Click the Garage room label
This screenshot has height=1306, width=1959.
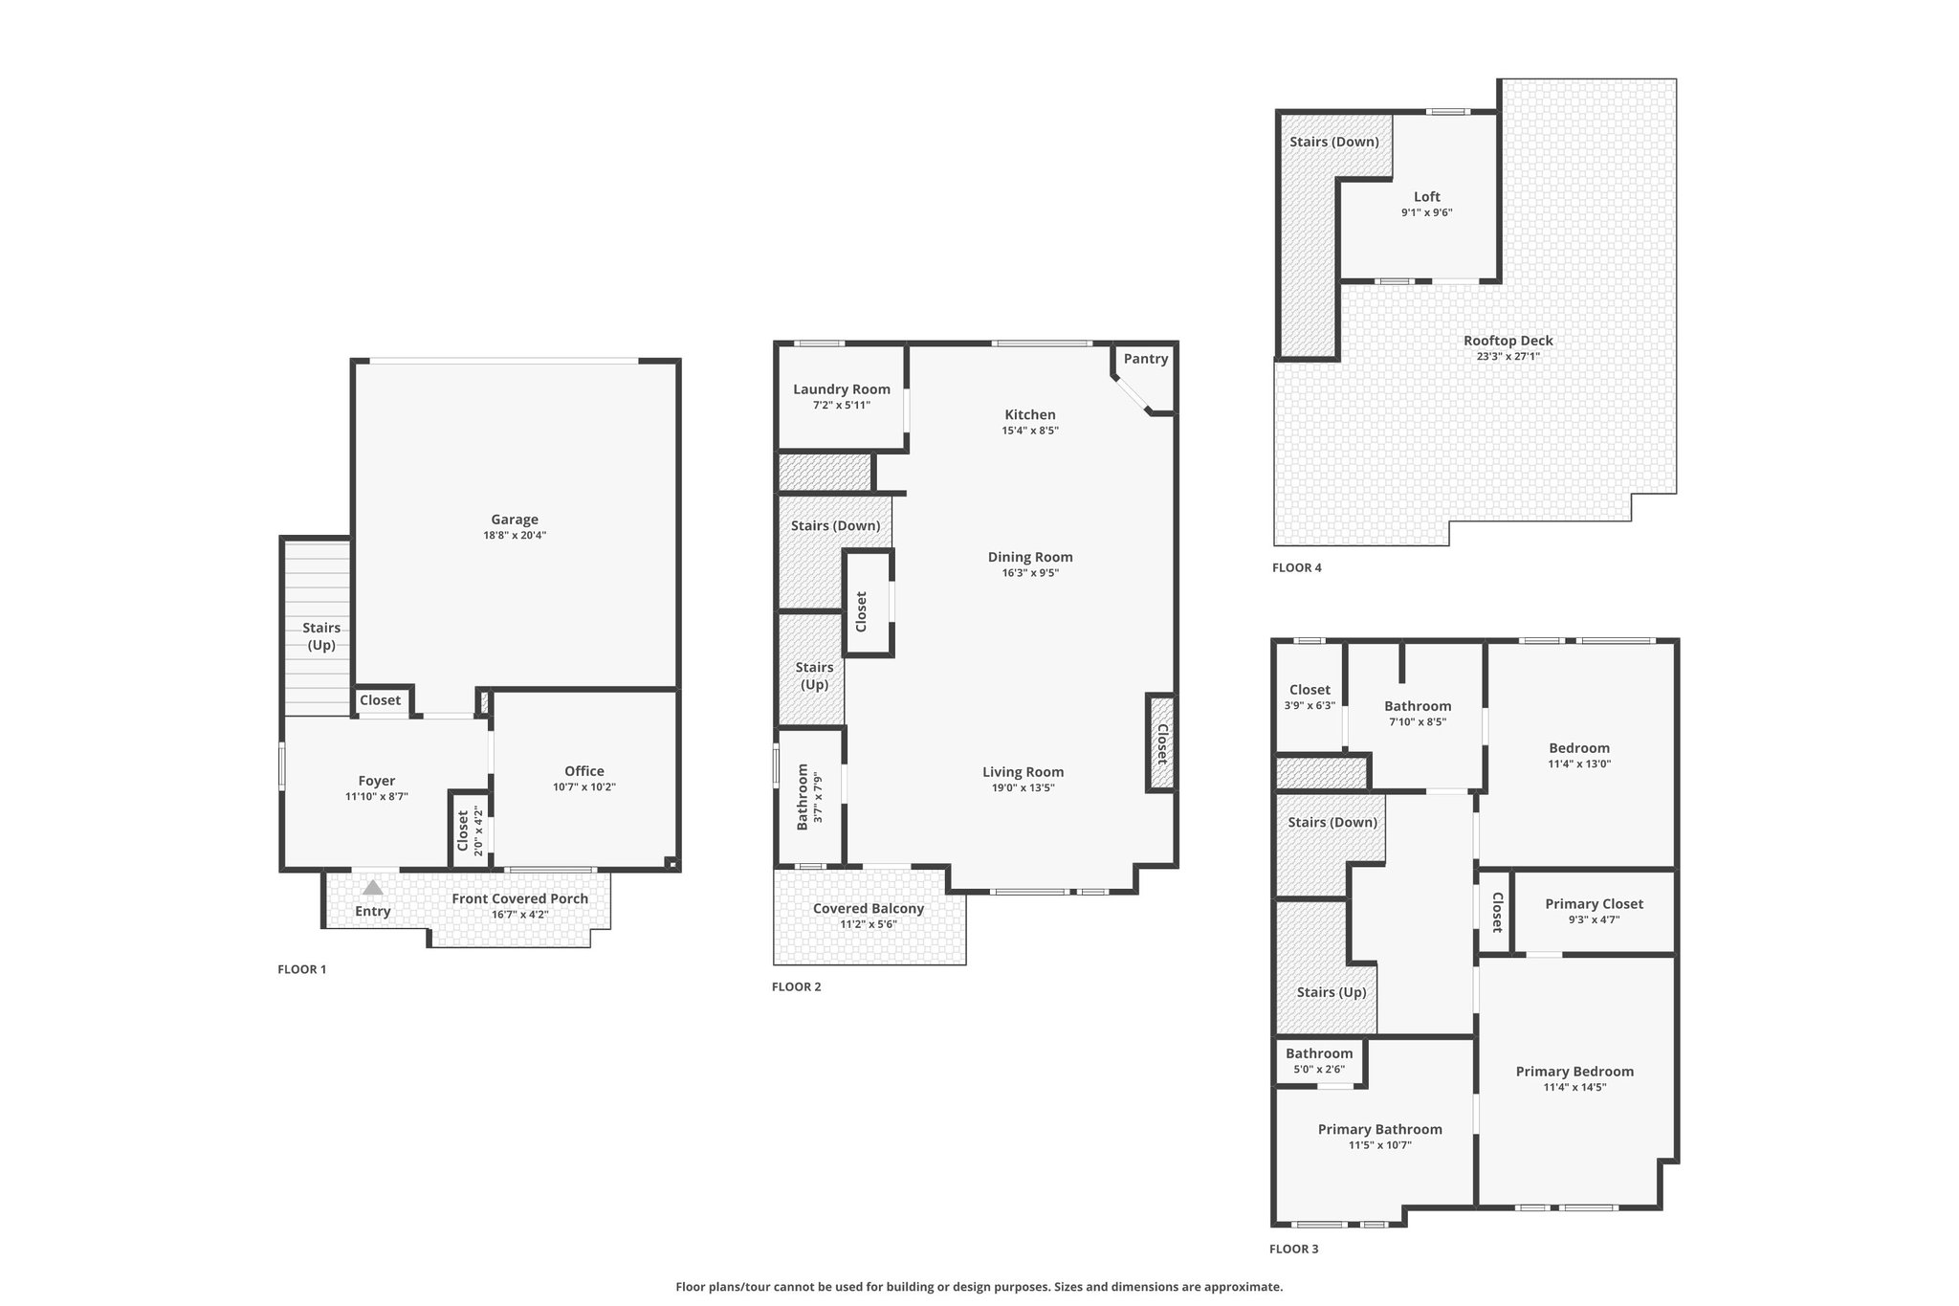[x=515, y=520]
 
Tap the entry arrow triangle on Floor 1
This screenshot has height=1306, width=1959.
[x=373, y=888]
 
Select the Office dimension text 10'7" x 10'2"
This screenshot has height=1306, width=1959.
[x=584, y=787]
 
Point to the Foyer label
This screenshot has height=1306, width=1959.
[x=377, y=781]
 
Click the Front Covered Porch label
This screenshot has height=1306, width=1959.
[x=520, y=898]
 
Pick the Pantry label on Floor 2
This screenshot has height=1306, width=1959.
[x=1146, y=359]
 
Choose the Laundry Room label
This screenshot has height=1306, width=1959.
[x=842, y=389]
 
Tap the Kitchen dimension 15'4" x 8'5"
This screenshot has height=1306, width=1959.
[x=1030, y=431]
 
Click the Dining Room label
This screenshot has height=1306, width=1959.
[x=1030, y=557]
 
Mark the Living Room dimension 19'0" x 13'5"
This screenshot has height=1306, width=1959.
[x=1024, y=788]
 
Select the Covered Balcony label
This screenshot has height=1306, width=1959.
[x=869, y=909]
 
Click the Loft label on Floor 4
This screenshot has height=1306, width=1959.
[x=1427, y=197]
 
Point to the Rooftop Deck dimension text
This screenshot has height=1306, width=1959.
[x=1508, y=357]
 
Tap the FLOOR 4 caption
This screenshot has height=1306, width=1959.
[x=1297, y=567]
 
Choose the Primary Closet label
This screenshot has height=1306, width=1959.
[x=1595, y=904]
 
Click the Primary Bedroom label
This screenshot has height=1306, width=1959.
[x=1574, y=1072]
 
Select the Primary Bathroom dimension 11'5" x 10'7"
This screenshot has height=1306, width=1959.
[x=1380, y=1145]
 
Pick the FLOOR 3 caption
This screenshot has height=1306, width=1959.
[x=1294, y=1249]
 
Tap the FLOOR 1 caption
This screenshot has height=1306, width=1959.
[x=302, y=969]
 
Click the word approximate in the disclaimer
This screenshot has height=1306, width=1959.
[x=1246, y=1287]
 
